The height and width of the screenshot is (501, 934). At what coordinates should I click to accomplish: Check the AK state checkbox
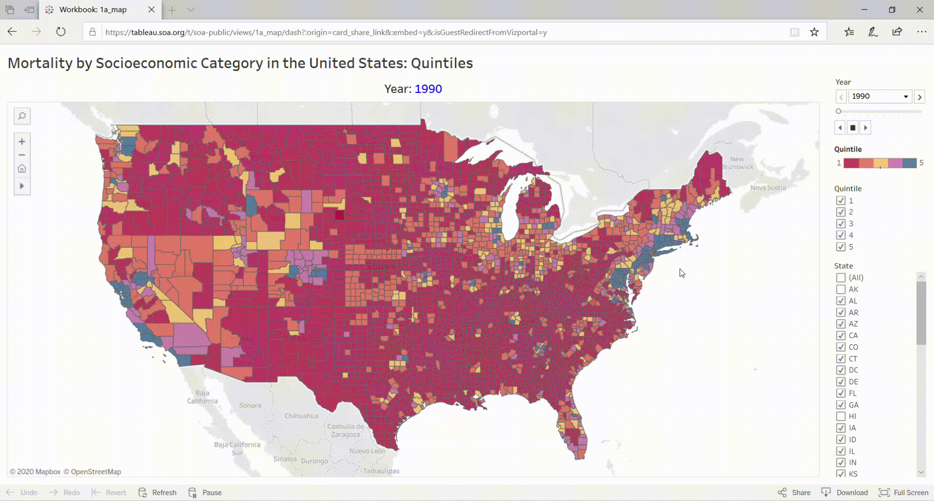pyautogui.click(x=841, y=289)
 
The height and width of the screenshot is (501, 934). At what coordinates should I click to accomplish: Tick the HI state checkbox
pyautogui.click(x=841, y=416)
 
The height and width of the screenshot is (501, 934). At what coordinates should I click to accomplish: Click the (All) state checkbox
pyautogui.click(x=841, y=277)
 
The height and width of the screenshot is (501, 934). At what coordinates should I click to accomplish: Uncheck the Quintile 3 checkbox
pyautogui.click(x=841, y=224)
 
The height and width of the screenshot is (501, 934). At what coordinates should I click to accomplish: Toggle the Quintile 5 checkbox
pyautogui.click(x=841, y=247)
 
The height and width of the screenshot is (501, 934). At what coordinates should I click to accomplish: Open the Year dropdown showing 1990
pyautogui.click(x=880, y=96)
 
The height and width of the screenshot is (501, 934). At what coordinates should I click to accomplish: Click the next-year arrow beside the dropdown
pyautogui.click(x=919, y=97)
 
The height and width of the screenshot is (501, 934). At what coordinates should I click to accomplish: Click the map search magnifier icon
pyautogui.click(x=22, y=116)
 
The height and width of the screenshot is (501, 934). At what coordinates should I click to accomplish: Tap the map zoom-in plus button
pyautogui.click(x=22, y=141)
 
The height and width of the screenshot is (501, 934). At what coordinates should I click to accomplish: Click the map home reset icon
pyautogui.click(x=22, y=169)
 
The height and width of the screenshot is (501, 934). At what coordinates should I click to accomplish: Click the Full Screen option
pyautogui.click(x=904, y=492)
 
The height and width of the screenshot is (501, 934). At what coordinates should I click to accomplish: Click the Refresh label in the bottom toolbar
pyautogui.click(x=164, y=492)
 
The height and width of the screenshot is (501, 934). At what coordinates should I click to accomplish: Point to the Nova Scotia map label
pyautogui.click(x=768, y=188)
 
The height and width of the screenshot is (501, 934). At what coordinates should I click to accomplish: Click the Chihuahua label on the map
pyautogui.click(x=302, y=416)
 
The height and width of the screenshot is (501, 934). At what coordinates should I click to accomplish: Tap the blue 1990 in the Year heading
pyautogui.click(x=428, y=89)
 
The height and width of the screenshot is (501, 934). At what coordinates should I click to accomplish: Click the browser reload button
pyautogui.click(x=61, y=32)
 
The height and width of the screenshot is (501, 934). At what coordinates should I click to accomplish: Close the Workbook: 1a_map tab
pyautogui.click(x=151, y=9)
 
